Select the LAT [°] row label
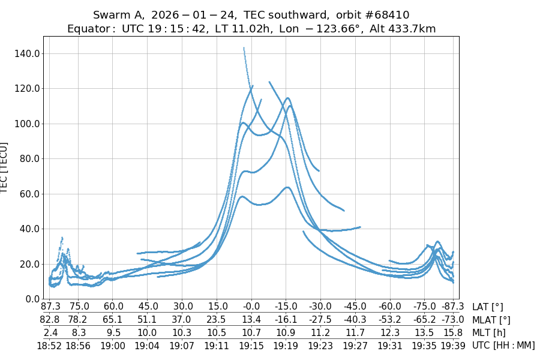[x=488, y=307]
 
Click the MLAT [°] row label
[x=491, y=320]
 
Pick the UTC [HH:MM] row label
[x=503, y=345]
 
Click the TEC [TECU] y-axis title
[x=5, y=167]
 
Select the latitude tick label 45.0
[x=147, y=307]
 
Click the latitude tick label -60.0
[x=390, y=307]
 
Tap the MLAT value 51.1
[x=147, y=320]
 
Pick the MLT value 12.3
[x=390, y=332]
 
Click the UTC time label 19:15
[x=251, y=345]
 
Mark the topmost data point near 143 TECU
[x=244, y=48]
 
